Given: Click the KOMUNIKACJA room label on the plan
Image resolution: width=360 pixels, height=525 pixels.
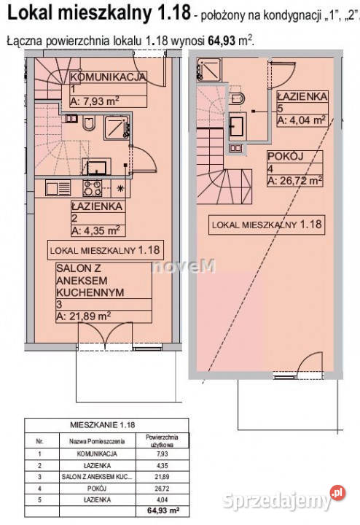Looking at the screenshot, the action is pos(108,77).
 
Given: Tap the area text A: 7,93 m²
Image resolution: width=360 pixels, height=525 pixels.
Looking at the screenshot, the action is pos(95,101).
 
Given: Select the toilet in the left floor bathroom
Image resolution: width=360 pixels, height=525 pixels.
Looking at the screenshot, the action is pos(89,123).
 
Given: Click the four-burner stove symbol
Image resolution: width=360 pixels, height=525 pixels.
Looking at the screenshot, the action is pos(92,188).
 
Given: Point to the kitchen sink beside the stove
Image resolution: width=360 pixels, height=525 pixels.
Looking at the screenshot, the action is pos(58,188).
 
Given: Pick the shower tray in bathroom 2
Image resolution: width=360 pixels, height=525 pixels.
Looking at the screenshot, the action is pos(117,127).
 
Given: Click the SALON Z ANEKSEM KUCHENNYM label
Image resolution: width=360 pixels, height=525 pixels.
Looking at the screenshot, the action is pos(90,280).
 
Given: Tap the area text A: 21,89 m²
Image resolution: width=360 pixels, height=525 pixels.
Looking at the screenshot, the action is pos(83,316).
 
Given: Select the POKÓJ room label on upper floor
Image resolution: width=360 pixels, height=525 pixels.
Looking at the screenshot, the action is pos(286,156).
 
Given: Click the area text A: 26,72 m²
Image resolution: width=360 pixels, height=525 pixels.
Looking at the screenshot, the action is pos(294,181).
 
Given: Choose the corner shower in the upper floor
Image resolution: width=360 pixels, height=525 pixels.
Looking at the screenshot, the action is pos(209,70).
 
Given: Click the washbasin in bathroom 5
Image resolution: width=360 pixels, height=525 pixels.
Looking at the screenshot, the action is pos(237,125).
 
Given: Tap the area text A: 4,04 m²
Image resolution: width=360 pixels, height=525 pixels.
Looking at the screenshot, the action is pos(301,120).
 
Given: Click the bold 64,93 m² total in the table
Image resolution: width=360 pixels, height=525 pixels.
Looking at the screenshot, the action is pos(163,510).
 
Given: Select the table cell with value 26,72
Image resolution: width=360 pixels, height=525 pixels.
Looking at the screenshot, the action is pos(162,489).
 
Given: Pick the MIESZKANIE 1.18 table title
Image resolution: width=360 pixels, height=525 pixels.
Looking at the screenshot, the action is pos(103,425).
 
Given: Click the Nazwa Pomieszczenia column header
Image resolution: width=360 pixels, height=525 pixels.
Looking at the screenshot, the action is pos(97,441).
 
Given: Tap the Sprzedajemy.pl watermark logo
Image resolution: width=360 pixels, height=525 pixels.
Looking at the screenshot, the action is pos(283,499).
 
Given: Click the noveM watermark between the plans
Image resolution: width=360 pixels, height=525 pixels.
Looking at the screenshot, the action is pos(184,267).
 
